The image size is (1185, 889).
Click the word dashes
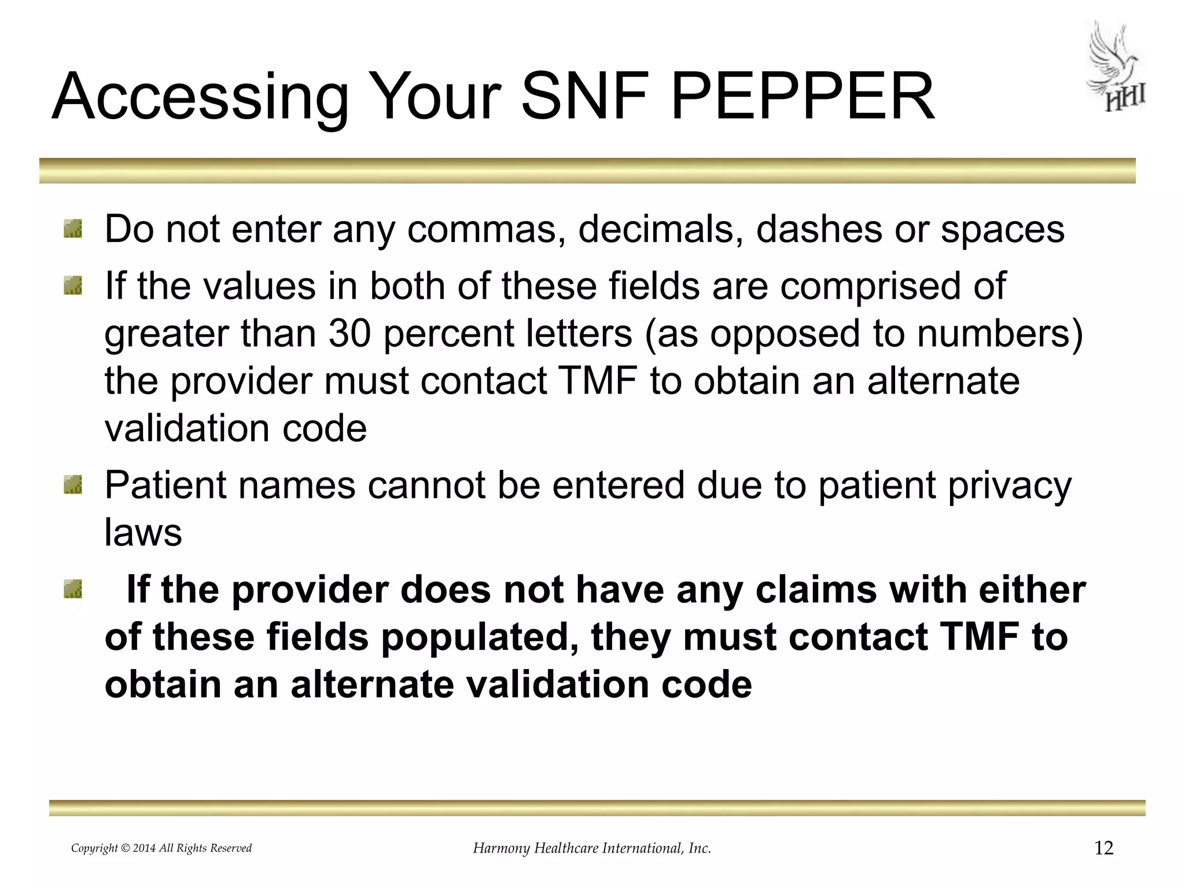point(819,229)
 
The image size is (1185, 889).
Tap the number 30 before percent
point(349,334)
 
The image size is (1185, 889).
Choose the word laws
point(143,532)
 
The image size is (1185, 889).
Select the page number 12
point(1104,848)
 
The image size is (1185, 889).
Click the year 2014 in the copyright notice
point(144,848)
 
